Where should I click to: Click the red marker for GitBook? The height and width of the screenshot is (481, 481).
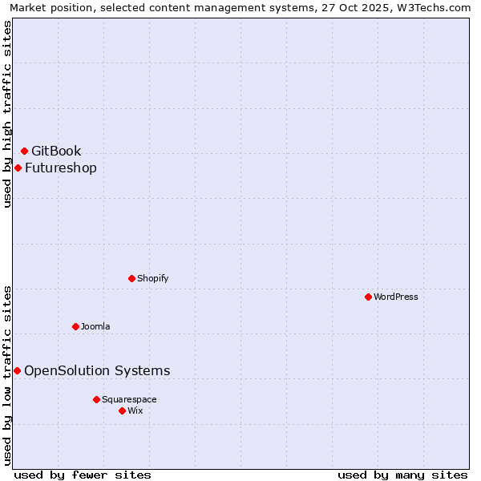pos(24,151)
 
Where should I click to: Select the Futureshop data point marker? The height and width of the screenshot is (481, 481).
pos(18,168)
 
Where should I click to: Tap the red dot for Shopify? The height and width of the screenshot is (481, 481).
pos(131,278)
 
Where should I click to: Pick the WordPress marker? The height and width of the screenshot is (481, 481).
pos(368,297)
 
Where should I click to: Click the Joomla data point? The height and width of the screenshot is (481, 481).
pos(75,326)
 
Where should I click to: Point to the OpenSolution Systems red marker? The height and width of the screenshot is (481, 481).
pos(17,370)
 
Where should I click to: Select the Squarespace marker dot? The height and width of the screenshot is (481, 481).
pos(96,399)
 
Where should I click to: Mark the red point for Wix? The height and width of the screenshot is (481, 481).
pos(122,410)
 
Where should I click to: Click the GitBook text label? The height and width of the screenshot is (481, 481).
pos(56,151)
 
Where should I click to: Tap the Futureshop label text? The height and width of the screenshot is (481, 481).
pos(61,168)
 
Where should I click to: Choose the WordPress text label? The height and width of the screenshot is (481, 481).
pos(396,297)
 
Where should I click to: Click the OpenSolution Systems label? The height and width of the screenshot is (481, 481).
pos(97,370)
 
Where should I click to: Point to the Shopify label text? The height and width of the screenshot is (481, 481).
pos(152,278)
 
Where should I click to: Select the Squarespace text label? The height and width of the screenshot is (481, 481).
pos(129,399)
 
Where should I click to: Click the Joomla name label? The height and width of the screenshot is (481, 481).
pos(95,326)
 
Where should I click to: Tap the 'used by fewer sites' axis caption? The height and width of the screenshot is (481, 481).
pos(83,475)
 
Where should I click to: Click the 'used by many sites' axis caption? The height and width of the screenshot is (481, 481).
pos(402,475)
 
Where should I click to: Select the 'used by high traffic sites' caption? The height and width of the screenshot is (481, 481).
pos(7,114)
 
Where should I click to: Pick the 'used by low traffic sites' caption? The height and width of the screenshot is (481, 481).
pos(7,374)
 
